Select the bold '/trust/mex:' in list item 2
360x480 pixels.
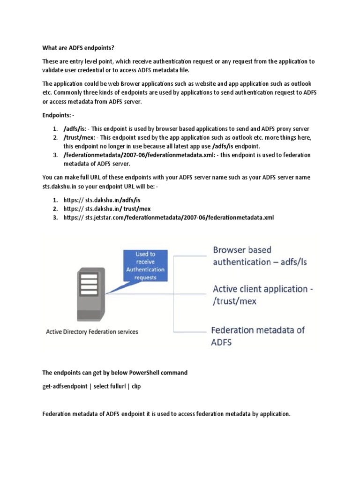pyautogui.click(x=79, y=137)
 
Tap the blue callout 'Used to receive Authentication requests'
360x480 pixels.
pyautogui.click(x=145, y=266)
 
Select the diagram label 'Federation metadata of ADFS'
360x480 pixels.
pyautogui.click(x=258, y=336)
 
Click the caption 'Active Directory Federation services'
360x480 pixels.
pyautogui.click(x=92, y=332)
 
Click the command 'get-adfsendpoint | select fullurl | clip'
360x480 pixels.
pyautogui.click(x=91, y=386)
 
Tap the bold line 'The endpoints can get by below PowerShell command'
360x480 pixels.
pyautogui.click(x=115, y=373)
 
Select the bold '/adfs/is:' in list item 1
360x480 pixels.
pyautogui.click(x=75, y=128)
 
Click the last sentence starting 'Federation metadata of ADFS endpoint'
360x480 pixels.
pyautogui.click(x=166, y=414)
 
